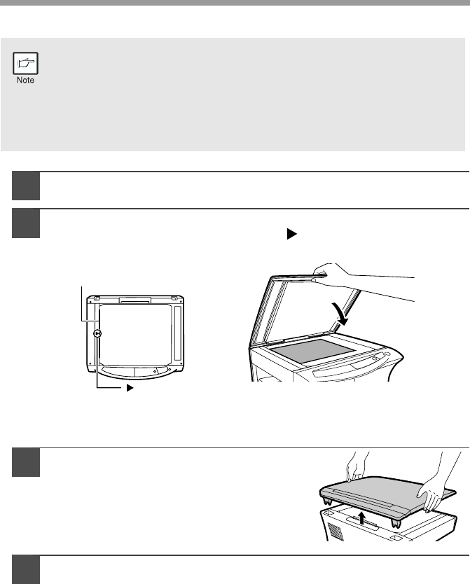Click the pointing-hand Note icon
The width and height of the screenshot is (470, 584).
[25, 63]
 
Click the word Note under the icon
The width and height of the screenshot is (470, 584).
[25, 80]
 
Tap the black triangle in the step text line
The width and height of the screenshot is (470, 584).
[291, 234]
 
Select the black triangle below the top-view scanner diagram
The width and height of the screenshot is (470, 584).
[130, 388]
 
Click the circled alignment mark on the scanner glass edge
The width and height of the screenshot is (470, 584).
[97, 333]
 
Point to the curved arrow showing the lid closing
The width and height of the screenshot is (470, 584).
[341, 314]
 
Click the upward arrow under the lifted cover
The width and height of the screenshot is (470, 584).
[361, 517]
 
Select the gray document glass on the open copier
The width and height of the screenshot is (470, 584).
[311, 351]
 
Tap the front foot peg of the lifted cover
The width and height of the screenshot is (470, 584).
[395, 522]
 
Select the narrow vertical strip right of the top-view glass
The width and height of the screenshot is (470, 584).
[177, 333]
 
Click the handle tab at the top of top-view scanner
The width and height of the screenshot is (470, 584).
[134, 300]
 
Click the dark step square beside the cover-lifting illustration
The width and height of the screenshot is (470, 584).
[26, 463]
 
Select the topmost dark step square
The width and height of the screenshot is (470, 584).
[26, 186]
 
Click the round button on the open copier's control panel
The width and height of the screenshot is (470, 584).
[387, 354]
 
